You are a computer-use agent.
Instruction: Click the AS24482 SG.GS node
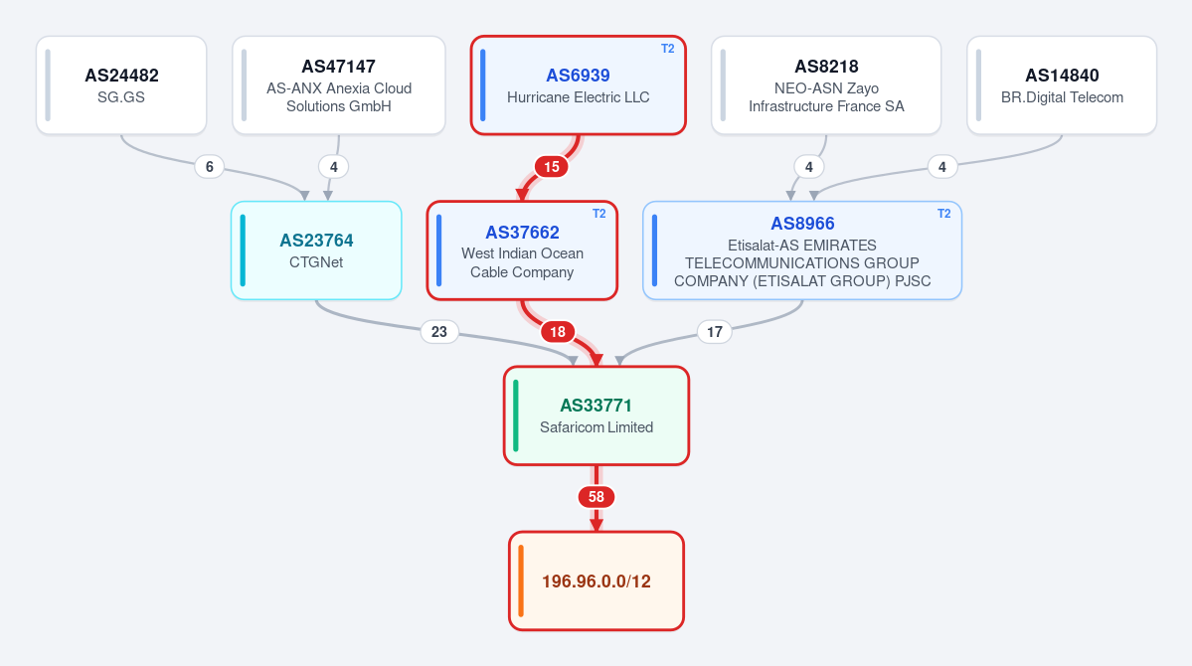point(121,85)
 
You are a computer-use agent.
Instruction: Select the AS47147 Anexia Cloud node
point(339,85)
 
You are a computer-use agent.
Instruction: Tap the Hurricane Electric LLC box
point(579,85)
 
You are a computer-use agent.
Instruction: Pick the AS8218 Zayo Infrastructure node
point(826,85)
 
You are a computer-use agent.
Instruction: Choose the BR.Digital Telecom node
point(1062,85)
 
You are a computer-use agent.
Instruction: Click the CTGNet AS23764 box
point(316,250)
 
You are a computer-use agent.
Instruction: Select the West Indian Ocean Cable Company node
point(522,250)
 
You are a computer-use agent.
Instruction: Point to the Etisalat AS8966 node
point(802,250)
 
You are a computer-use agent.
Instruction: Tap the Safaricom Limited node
point(596,416)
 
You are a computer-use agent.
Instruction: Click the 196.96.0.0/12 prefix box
point(596,581)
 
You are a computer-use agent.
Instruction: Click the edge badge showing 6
point(209,167)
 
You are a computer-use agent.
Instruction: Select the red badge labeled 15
point(551,167)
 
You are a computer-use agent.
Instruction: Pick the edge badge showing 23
point(439,331)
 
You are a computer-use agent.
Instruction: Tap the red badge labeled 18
point(558,331)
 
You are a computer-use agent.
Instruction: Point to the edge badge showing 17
point(715,331)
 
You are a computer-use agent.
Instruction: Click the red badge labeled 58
point(596,496)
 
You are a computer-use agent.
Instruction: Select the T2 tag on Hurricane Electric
point(667,49)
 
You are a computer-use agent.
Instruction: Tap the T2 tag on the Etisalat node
point(943,214)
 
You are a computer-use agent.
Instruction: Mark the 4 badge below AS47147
point(334,167)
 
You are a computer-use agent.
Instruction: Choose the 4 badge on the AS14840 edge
point(941,167)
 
